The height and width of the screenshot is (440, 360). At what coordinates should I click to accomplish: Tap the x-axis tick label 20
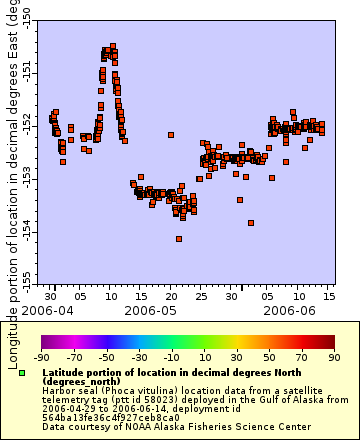(170, 297)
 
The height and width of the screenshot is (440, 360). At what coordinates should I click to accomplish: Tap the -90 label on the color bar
(42, 357)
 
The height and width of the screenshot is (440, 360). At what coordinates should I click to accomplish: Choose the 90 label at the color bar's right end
(334, 357)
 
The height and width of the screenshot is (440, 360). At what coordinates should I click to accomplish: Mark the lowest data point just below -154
(179, 239)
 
